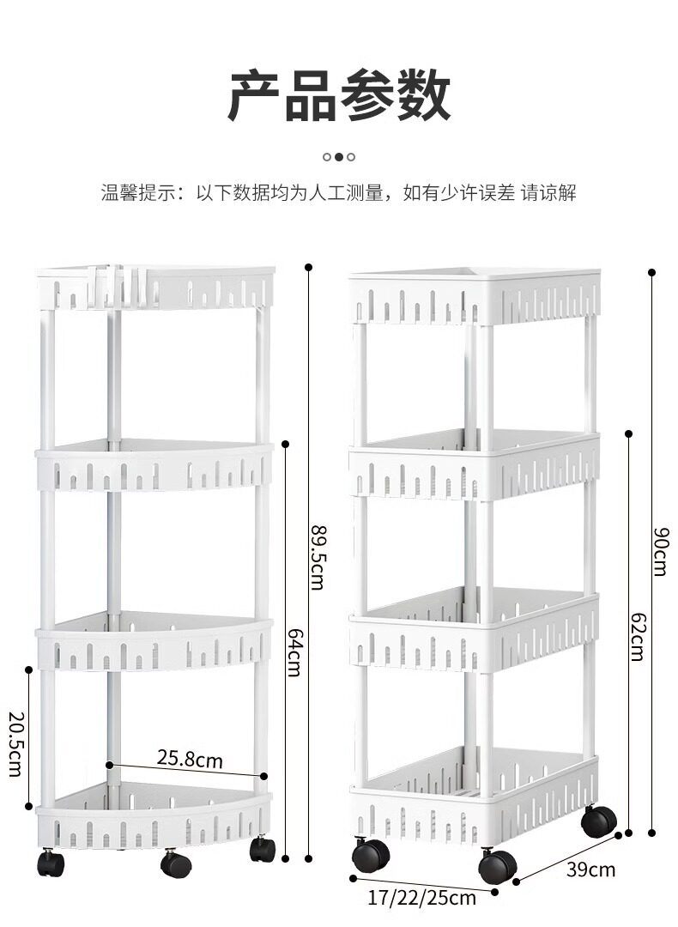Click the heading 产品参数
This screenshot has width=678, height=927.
339,96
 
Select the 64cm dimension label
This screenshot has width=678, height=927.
293,652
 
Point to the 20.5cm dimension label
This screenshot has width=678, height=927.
15,743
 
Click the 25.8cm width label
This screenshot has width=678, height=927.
189,759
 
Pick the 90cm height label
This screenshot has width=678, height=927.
659,550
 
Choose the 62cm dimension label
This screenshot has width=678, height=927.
636,636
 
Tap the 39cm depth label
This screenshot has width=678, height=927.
590,869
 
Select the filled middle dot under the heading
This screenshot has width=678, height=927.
339,157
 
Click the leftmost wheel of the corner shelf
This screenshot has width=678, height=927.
50,863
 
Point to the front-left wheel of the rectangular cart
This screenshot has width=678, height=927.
370,855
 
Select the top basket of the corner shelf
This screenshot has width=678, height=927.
155,288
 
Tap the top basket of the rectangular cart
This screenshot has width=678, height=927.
475,296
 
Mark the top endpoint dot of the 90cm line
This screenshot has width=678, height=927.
651,272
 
